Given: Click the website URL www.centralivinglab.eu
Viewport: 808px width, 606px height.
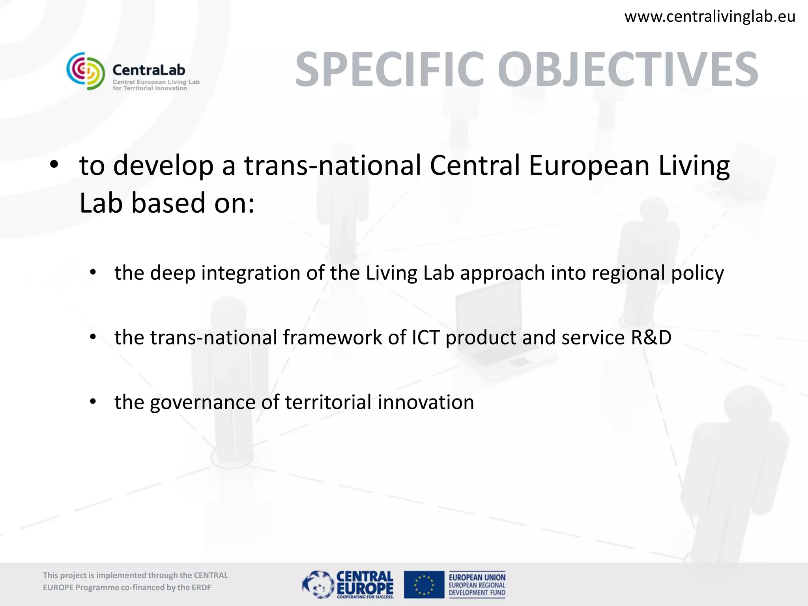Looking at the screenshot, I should click(x=709, y=17).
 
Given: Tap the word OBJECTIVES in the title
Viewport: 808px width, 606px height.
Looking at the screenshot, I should click(x=627, y=69).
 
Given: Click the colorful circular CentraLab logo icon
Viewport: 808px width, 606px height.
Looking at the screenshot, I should click(x=86, y=71).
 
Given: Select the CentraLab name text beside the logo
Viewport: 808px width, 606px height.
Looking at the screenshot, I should click(x=149, y=70).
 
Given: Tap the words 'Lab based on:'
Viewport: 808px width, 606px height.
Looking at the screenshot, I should click(x=167, y=203).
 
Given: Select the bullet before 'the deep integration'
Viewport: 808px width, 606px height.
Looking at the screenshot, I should click(x=93, y=272).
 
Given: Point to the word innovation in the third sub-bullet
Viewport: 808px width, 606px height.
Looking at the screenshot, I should click(x=426, y=402).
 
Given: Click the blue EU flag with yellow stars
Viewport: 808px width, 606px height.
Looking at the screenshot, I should click(x=424, y=584).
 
